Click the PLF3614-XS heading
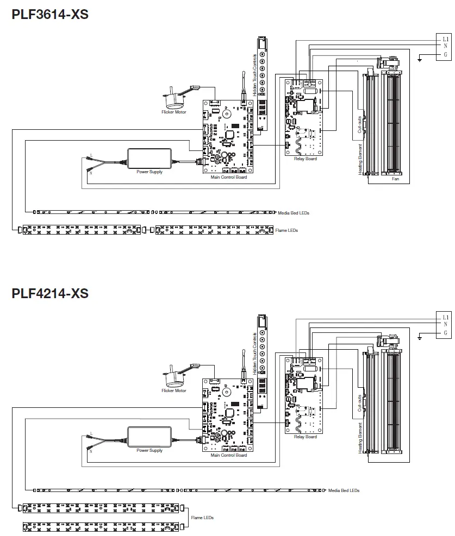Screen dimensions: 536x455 (x=49, y=15)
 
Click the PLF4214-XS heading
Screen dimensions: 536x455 (x=49, y=293)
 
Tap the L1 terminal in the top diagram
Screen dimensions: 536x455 (x=445, y=39)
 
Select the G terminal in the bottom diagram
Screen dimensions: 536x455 (x=445, y=332)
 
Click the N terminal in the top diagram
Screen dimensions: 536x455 (x=445, y=47)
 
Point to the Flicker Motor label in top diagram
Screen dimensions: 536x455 (x=173, y=112)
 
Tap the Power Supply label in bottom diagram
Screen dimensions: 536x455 (x=149, y=450)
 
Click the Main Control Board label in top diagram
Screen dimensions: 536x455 (x=228, y=177)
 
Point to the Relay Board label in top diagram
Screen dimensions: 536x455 (x=304, y=159)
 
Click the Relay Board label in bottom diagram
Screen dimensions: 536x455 (x=304, y=437)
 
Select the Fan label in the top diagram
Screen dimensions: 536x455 (x=396, y=178)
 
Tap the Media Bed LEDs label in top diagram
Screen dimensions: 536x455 (x=293, y=213)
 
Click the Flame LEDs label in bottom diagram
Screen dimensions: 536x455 (x=202, y=518)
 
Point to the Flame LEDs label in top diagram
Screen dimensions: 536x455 (x=286, y=230)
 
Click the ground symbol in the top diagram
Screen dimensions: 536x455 (x=420, y=58)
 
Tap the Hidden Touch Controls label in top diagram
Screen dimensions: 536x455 (x=254, y=75)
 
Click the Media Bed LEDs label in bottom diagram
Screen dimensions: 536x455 (x=344, y=490)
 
